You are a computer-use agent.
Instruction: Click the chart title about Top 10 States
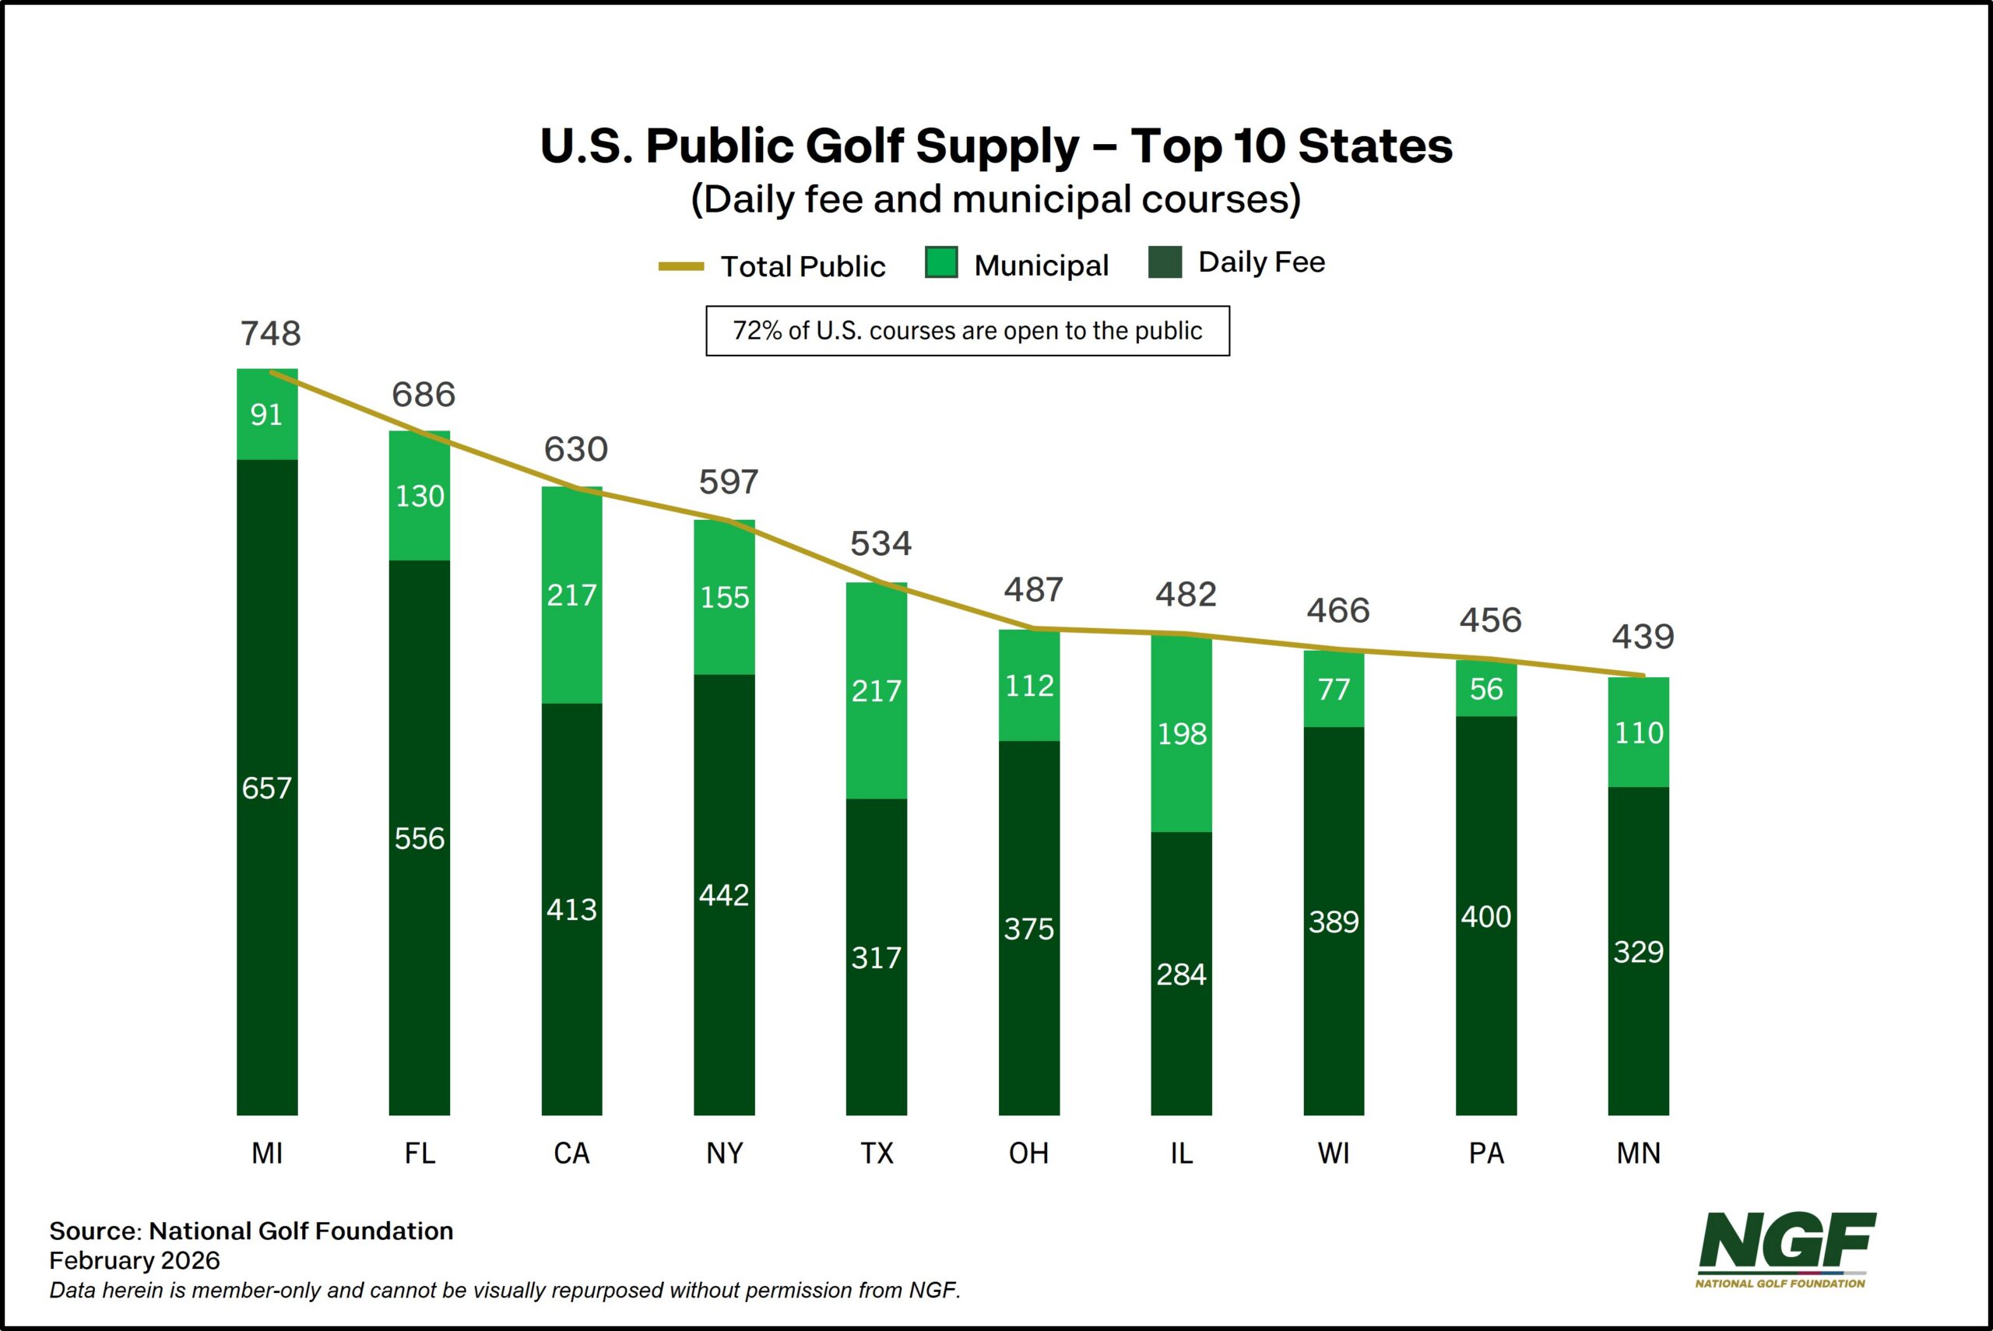996,146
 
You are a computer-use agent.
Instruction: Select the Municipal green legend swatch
940,263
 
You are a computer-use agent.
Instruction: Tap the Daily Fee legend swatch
1165,262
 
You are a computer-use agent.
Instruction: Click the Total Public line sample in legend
680,266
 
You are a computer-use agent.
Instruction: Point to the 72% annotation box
967,331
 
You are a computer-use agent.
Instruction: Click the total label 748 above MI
270,334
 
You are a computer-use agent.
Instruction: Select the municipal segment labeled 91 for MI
266,415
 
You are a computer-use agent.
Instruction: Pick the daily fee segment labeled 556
420,838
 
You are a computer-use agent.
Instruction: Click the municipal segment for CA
571,595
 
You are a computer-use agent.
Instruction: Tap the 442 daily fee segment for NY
724,894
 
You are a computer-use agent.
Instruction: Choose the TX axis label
877,1153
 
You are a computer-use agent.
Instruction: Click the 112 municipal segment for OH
1028,685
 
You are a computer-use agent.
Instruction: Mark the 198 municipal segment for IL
1181,733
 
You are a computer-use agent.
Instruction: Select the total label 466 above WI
1337,611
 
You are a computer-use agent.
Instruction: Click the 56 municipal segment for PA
1485,688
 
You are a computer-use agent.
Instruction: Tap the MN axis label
1638,1153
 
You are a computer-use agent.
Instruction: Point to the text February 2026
134,1260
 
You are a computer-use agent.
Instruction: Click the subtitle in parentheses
996,199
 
